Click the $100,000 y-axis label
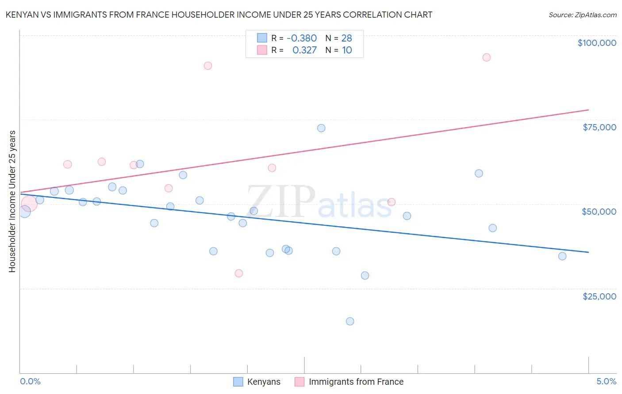(x=597, y=43)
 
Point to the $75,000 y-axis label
(x=599, y=127)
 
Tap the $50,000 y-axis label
(x=599, y=212)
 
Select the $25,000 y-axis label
(x=599, y=296)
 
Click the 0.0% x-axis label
(x=30, y=381)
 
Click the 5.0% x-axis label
(x=606, y=381)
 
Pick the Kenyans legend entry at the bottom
(x=257, y=382)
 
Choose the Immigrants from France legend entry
(x=349, y=382)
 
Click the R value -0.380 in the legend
(x=302, y=38)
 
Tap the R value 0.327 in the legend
(x=304, y=50)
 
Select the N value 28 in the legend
(x=346, y=38)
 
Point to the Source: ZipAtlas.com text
(x=582, y=15)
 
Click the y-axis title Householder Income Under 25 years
(x=12, y=201)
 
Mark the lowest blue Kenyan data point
(x=350, y=321)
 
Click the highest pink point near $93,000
(x=487, y=57)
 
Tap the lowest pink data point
(x=239, y=273)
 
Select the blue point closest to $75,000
(x=321, y=128)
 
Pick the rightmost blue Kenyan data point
(x=562, y=256)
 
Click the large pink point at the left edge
(x=29, y=204)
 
